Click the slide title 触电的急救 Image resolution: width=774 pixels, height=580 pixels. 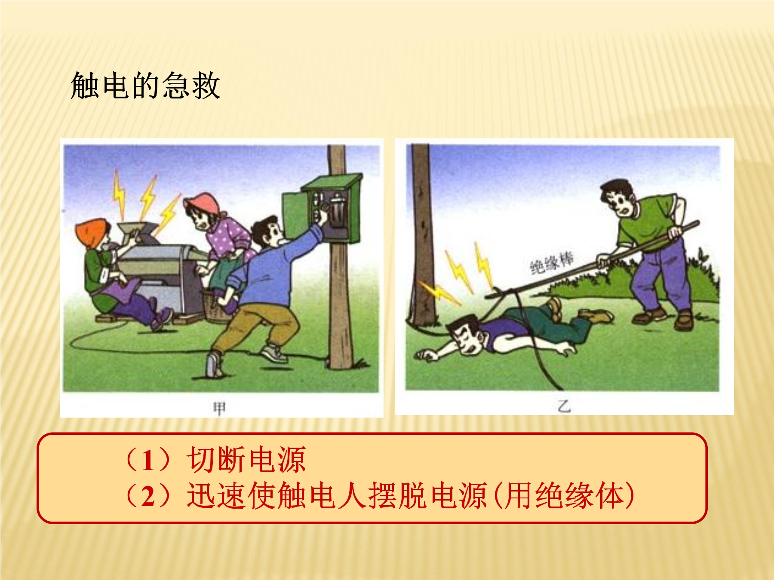pos(145,85)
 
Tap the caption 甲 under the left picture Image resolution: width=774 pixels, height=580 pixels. pos(219,408)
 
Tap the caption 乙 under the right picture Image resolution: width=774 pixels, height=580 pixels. pos(564,406)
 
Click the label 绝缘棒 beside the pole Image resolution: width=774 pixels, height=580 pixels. pos(552,263)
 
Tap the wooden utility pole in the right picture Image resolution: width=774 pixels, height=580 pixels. pos(421,234)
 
